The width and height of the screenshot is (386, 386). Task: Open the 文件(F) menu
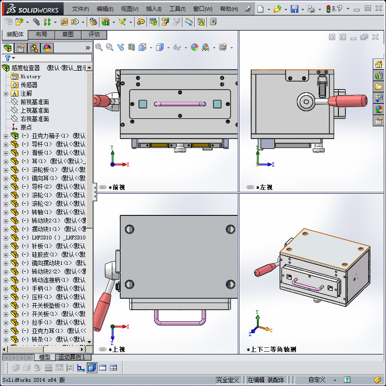(81, 9)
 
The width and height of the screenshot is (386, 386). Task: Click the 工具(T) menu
(177, 9)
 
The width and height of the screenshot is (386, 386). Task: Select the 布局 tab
(41, 34)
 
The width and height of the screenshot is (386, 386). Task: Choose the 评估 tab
(94, 34)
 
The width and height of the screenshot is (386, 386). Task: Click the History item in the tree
(30, 76)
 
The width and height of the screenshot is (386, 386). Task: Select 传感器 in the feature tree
(29, 85)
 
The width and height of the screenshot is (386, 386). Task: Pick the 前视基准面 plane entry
(34, 102)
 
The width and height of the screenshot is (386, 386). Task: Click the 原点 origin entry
(26, 127)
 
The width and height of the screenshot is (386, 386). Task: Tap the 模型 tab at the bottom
(45, 357)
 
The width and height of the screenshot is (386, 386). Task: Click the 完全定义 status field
(228, 380)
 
